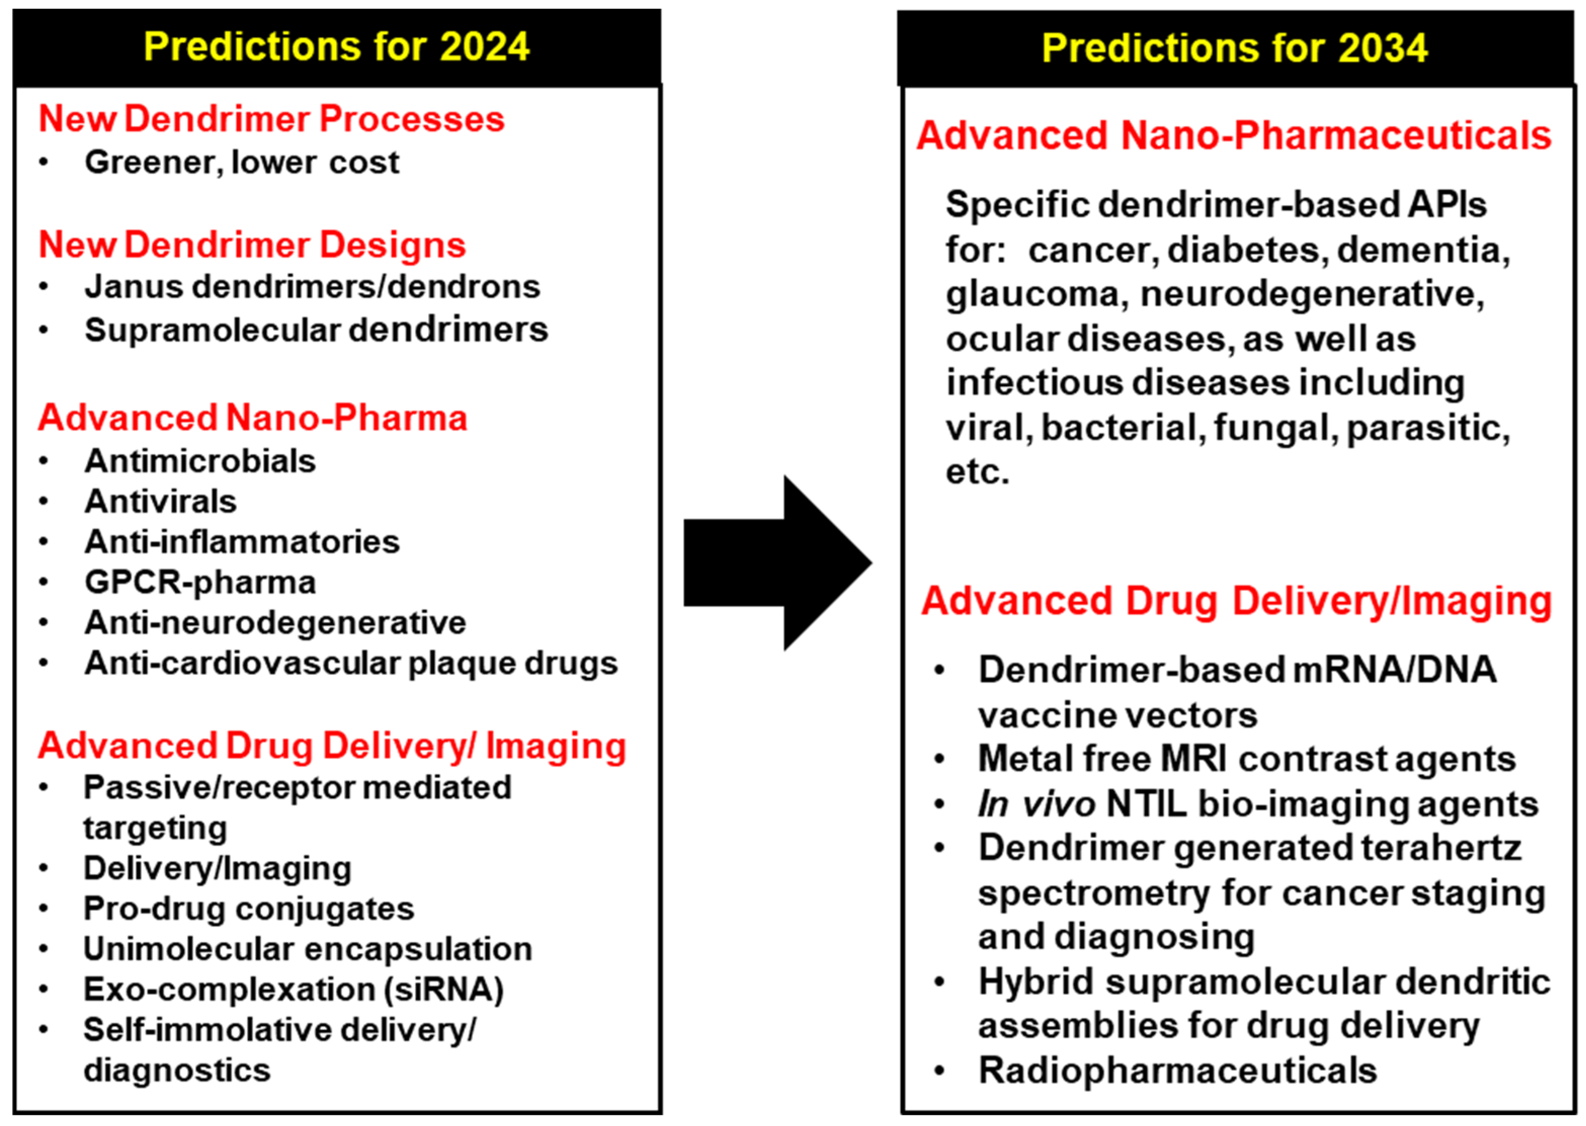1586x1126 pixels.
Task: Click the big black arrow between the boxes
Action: [x=776, y=562]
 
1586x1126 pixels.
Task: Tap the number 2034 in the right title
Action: [x=1383, y=48]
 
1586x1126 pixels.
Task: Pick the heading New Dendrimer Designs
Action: [x=252, y=245]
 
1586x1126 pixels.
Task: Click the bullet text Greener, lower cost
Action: [x=241, y=163]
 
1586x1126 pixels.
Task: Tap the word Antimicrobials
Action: [x=199, y=461]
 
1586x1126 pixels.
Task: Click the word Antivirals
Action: [x=160, y=502]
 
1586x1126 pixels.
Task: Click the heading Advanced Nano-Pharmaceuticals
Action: [x=1234, y=135]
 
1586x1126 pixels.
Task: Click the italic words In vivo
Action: [x=1036, y=804]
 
